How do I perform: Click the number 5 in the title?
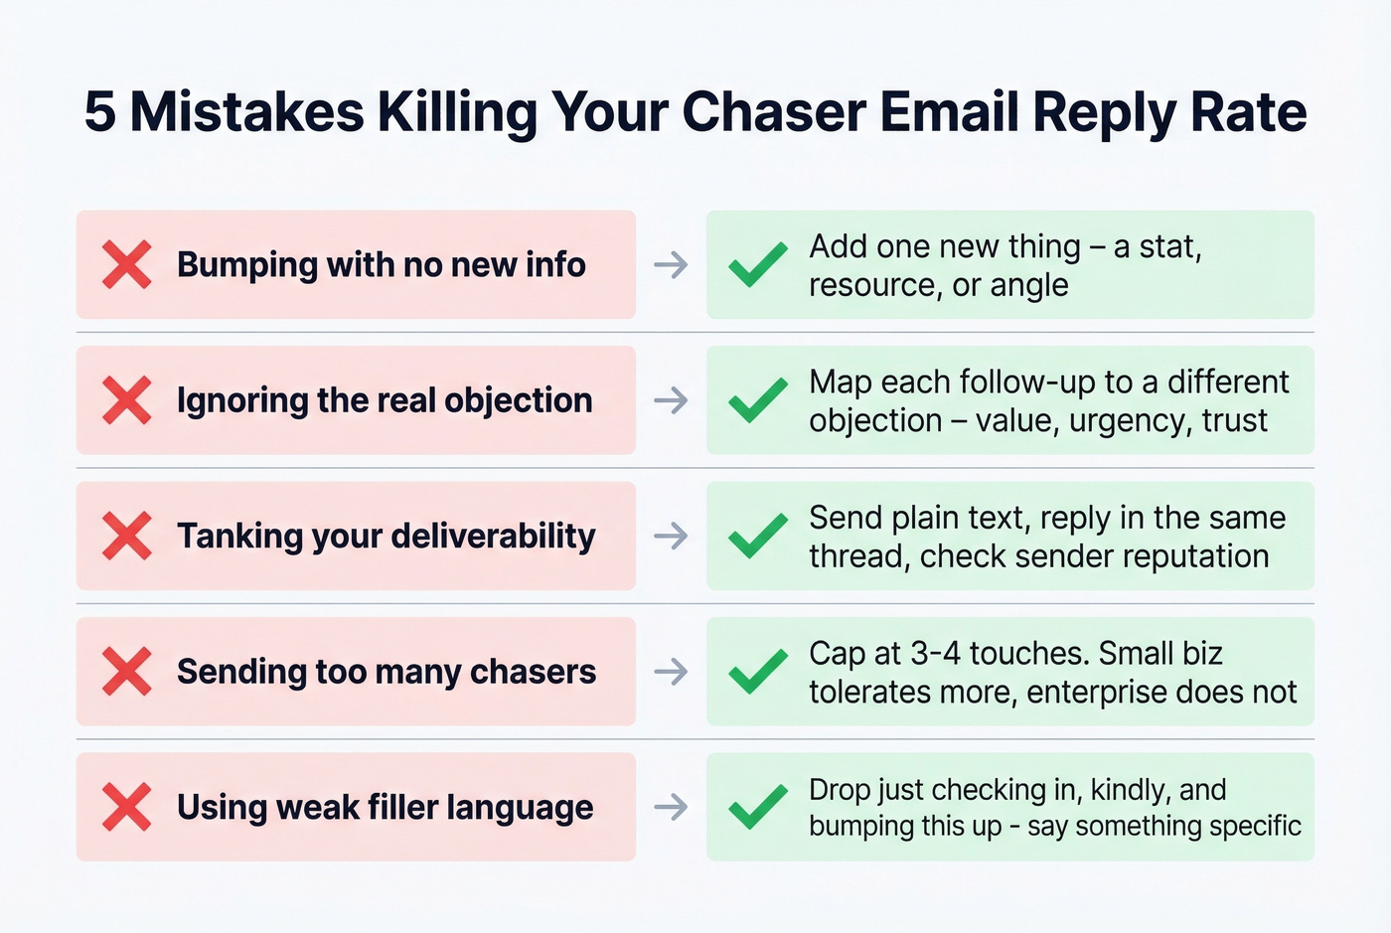[100, 111]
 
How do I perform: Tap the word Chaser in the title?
[774, 111]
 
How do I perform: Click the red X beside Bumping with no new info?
[127, 264]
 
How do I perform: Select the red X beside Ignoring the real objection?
[127, 400]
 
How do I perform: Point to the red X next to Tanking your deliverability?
[127, 537]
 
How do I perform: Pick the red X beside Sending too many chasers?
[127, 672]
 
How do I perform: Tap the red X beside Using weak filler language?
[127, 807]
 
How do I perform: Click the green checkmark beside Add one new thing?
[758, 264]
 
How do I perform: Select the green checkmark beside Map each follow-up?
[758, 400]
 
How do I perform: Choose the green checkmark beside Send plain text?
[758, 537]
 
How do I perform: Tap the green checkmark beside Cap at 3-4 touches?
[758, 672]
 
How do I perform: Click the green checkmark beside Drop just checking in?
[758, 807]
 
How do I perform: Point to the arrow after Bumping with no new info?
[672, 265]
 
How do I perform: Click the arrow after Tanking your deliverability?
[672, 537]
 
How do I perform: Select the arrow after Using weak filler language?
[672, 807]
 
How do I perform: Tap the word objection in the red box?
[518, 400]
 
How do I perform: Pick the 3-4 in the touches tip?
[935, 654]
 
